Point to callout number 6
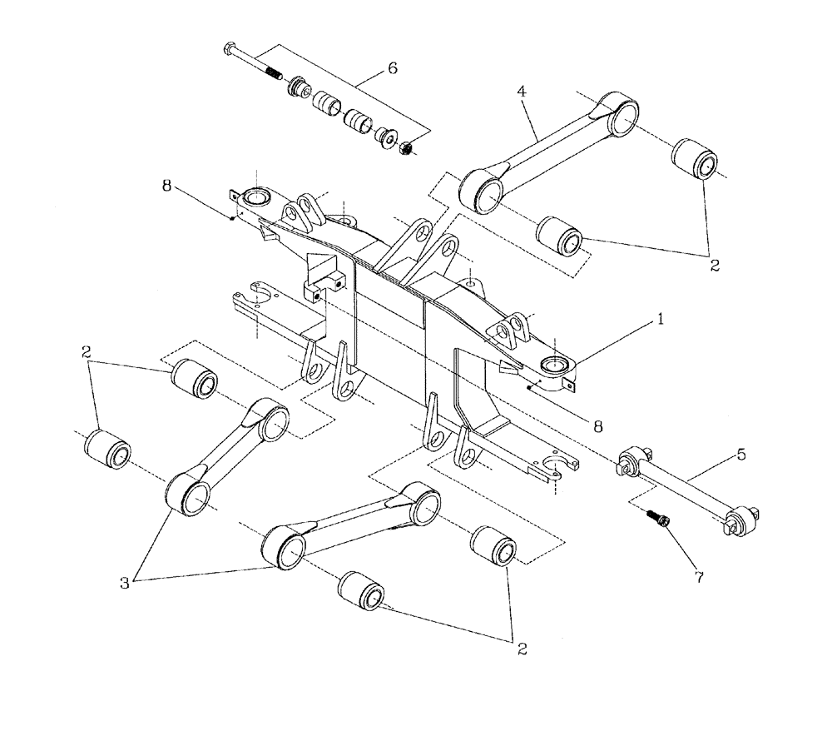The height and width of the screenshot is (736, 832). tap(391, 68)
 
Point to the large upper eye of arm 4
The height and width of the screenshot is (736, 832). tap(618, 114)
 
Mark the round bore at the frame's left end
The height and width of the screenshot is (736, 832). tap(255, 197)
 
